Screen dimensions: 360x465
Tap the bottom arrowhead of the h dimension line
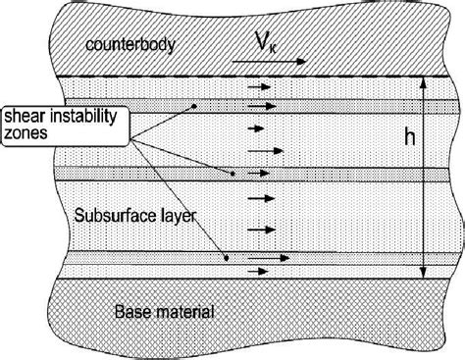(424, 272)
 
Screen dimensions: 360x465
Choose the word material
(186, 311)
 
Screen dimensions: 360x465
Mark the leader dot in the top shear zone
(195, 106)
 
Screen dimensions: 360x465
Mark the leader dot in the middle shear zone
(233, 175)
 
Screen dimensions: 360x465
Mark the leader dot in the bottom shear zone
(228, 260)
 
